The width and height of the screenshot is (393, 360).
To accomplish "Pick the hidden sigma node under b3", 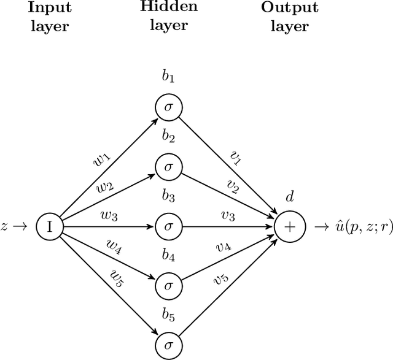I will click(x=169, y=226).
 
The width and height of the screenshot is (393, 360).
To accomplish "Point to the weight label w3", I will click(x=109, y=215).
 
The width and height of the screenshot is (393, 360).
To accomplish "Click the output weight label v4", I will click(x=223, y=247).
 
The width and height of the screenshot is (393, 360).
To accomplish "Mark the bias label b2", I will click(x=169, y=139).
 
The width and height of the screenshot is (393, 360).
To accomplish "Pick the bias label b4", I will click(x=169, y=257).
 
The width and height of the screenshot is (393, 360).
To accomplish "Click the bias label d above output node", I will click(x=289, y=197).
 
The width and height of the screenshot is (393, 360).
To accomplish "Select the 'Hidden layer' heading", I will click(x=169, y=17).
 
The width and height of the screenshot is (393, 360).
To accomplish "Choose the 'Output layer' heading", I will click(x=289, y=17).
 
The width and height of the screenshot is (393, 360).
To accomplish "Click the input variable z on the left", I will click(x=5, y=226).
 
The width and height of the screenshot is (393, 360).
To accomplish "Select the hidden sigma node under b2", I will click(x=169, y=167).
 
